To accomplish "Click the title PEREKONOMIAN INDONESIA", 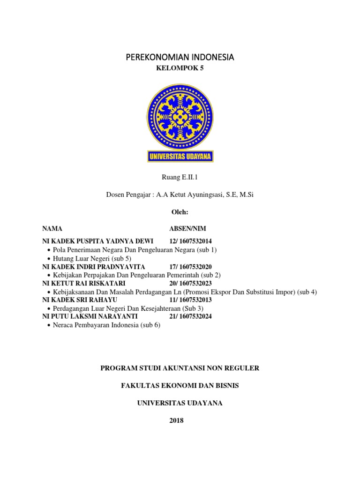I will point(180,57).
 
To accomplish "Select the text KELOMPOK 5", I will point(180,68).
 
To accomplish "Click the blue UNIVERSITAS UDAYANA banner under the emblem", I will point(180,156).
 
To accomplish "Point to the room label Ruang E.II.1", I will point(180,177).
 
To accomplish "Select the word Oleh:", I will point(180,212).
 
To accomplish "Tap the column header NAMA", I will point(52,229).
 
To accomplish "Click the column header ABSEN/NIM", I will point(187,229).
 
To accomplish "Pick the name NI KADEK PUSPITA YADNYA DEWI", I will point(98,241).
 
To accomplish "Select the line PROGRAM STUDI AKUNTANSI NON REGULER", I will point(180,368).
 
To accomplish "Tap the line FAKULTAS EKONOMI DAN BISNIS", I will point(180,386).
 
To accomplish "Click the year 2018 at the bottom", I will point(180,420).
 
